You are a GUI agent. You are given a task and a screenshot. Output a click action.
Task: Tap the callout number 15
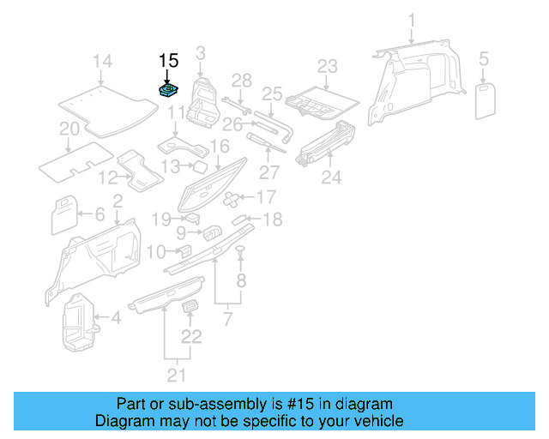click(x=168, y=61)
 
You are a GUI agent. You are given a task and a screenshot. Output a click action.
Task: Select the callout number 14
click(x=102, y=61)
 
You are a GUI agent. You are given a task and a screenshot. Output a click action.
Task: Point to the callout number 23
click(x=328, y=66)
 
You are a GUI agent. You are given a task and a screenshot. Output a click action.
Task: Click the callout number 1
click(x=411, y=20)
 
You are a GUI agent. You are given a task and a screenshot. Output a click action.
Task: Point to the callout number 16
click(x=220, y=146)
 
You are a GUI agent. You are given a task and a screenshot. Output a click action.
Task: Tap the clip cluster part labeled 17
click(x=233, y=200)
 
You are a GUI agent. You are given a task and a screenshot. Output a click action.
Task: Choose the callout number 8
click(x=241, y=280)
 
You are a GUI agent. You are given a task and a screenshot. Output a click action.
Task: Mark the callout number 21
click(x=176, y=375)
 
